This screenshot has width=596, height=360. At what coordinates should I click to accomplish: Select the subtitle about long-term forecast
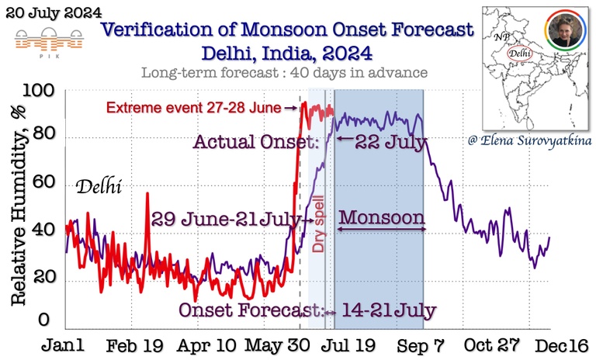click(x=286, y=74)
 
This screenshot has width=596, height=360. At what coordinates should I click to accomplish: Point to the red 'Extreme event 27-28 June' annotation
click(x=201, y=107)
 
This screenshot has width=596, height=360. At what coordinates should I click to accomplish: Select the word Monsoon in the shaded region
click(x=382, y=216)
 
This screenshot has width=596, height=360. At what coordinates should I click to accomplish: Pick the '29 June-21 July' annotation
click(x=226, y=220)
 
